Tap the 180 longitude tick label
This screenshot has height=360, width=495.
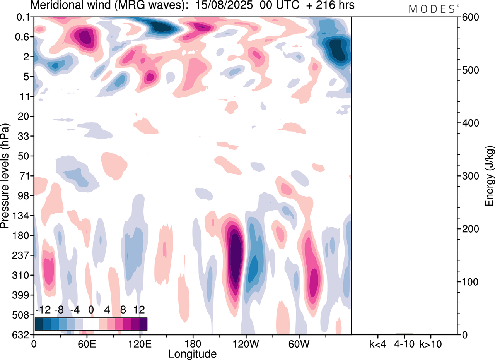(193, 343)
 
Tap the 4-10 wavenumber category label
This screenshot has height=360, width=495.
(405, 343)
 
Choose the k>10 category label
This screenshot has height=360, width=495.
(431, 343)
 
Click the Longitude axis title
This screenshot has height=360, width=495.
(192, 353)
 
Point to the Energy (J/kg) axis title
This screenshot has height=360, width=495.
(490, 176)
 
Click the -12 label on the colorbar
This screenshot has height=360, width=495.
(44, 310)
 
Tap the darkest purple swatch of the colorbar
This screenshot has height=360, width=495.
(143, 324)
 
